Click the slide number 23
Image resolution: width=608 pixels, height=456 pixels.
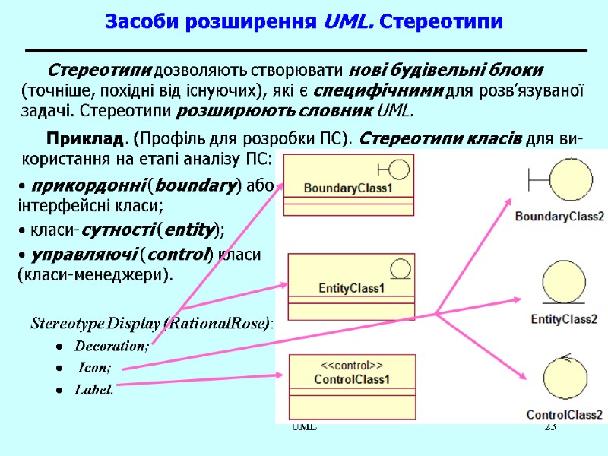click(x=551, y=428)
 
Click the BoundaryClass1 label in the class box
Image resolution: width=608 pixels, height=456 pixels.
click(x=348, y=188)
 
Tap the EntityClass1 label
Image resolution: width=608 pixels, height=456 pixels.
click(x=351, y=289)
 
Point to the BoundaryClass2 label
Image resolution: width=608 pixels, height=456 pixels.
click(x=559, y=217)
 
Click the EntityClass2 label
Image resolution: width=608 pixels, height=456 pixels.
click(x=564, y=318)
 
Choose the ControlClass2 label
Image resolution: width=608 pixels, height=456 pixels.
click(x=565, y=415)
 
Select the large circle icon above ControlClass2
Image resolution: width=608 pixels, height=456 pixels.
click(x=564, y=380)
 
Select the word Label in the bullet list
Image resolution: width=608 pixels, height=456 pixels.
click(x=94, y=390)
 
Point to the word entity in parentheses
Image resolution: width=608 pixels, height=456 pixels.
click(x=190, y=230)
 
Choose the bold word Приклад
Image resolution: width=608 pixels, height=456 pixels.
click(x=84, y=140)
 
